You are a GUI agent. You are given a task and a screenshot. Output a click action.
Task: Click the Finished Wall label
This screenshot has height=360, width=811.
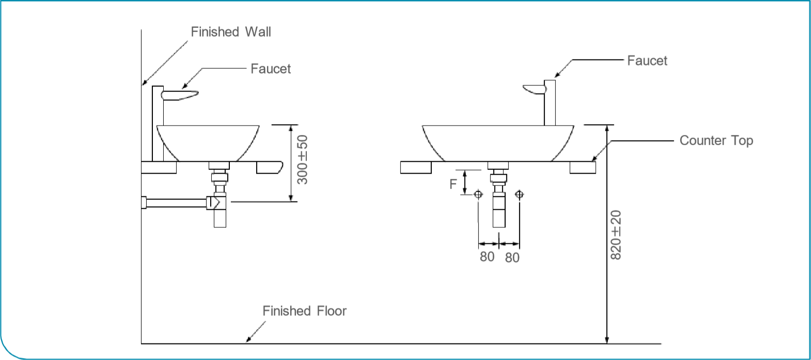230,32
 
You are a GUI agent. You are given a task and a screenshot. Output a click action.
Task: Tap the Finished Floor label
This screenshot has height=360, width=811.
304,311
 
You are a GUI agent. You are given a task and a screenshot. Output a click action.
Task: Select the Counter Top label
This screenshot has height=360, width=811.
716,140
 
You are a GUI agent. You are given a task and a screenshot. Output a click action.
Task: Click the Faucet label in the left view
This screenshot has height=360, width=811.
270,69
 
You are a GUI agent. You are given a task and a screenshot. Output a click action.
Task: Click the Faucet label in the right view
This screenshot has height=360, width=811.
647,61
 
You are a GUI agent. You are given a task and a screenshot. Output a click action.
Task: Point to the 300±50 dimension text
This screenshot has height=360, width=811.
303,160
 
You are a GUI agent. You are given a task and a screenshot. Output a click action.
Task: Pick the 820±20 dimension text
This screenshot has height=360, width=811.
616,235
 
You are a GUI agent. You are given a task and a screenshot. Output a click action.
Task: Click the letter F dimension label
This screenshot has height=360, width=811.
453,184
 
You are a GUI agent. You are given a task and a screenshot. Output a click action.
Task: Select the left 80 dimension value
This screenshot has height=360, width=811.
487,257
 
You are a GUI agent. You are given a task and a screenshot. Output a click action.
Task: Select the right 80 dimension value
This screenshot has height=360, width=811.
512,257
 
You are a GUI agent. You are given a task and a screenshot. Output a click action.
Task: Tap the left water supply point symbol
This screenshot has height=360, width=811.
478,195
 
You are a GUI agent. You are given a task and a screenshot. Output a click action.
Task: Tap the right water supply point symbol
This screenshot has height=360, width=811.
519,195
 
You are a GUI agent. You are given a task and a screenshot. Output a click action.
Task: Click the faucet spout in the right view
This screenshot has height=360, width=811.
535,90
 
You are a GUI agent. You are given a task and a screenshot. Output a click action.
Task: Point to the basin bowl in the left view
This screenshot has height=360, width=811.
208,142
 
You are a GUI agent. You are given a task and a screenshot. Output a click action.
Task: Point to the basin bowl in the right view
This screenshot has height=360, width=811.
498,142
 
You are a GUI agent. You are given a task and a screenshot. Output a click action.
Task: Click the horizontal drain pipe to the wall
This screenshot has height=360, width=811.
176,203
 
